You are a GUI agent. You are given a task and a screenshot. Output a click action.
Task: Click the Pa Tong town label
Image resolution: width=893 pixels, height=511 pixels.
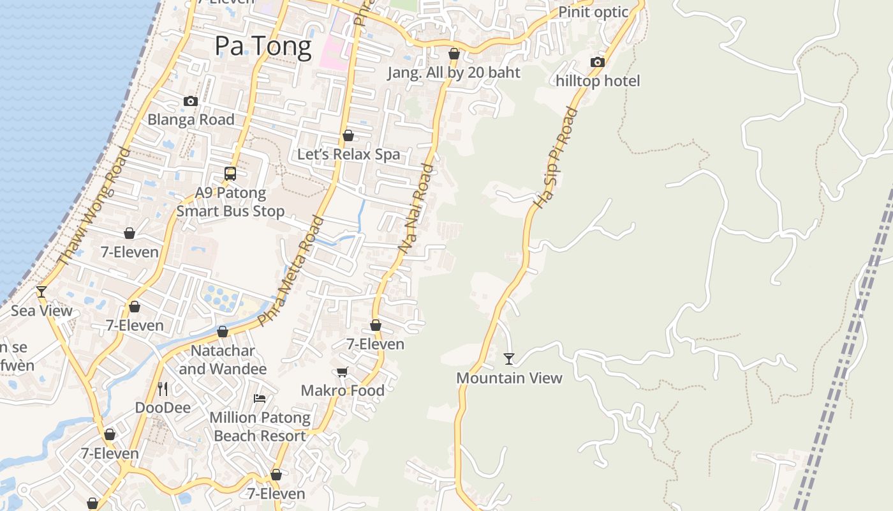[x=263, y=46]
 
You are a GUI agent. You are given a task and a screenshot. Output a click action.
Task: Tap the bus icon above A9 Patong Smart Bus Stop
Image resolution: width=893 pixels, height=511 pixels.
[x=230, y=173]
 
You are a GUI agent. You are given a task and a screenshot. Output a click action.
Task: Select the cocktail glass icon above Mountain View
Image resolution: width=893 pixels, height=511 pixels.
[x=509, y=358]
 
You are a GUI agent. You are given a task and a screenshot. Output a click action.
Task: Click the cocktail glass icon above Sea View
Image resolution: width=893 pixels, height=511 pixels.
[x=41, y=292]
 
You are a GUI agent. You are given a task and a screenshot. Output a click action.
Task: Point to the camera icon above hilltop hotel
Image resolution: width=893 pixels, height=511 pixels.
[x=598, y=62]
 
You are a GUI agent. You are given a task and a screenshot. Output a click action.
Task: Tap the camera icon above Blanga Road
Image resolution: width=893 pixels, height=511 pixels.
[x=190, y=101]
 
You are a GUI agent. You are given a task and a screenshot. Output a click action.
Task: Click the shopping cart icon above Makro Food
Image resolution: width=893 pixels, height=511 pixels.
[x=343, y=372]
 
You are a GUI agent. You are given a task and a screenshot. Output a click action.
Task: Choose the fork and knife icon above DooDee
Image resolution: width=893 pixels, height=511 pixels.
[x=163, y=388]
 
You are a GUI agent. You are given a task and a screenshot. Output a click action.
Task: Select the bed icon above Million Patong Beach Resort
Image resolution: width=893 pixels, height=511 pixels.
[x=260, y=399]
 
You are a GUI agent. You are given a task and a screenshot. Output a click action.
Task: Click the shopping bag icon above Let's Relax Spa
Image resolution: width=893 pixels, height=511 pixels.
[x=348, y=135]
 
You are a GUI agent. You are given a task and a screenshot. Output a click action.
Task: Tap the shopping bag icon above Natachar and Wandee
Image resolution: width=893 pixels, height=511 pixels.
[x=223, y=332]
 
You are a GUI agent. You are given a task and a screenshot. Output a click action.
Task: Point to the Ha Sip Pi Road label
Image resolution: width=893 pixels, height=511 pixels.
[x=556, y=158]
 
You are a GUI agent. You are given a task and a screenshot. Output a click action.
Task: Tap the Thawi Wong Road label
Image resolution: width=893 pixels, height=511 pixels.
[x=93, y=206]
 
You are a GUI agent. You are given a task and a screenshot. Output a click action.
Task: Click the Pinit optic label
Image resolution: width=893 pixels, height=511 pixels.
[x=593, y=12]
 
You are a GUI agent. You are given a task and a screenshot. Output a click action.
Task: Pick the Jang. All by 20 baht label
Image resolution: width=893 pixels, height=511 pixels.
[x=454, y=72]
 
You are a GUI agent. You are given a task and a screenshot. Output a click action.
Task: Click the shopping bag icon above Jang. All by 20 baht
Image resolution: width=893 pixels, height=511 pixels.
[x=454, y=54]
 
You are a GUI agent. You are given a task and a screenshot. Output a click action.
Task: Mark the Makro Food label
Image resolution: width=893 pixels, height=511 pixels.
[x=343, y=390]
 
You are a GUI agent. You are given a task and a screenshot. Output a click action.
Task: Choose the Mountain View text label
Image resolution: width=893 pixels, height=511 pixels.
[x=509, y=378]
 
